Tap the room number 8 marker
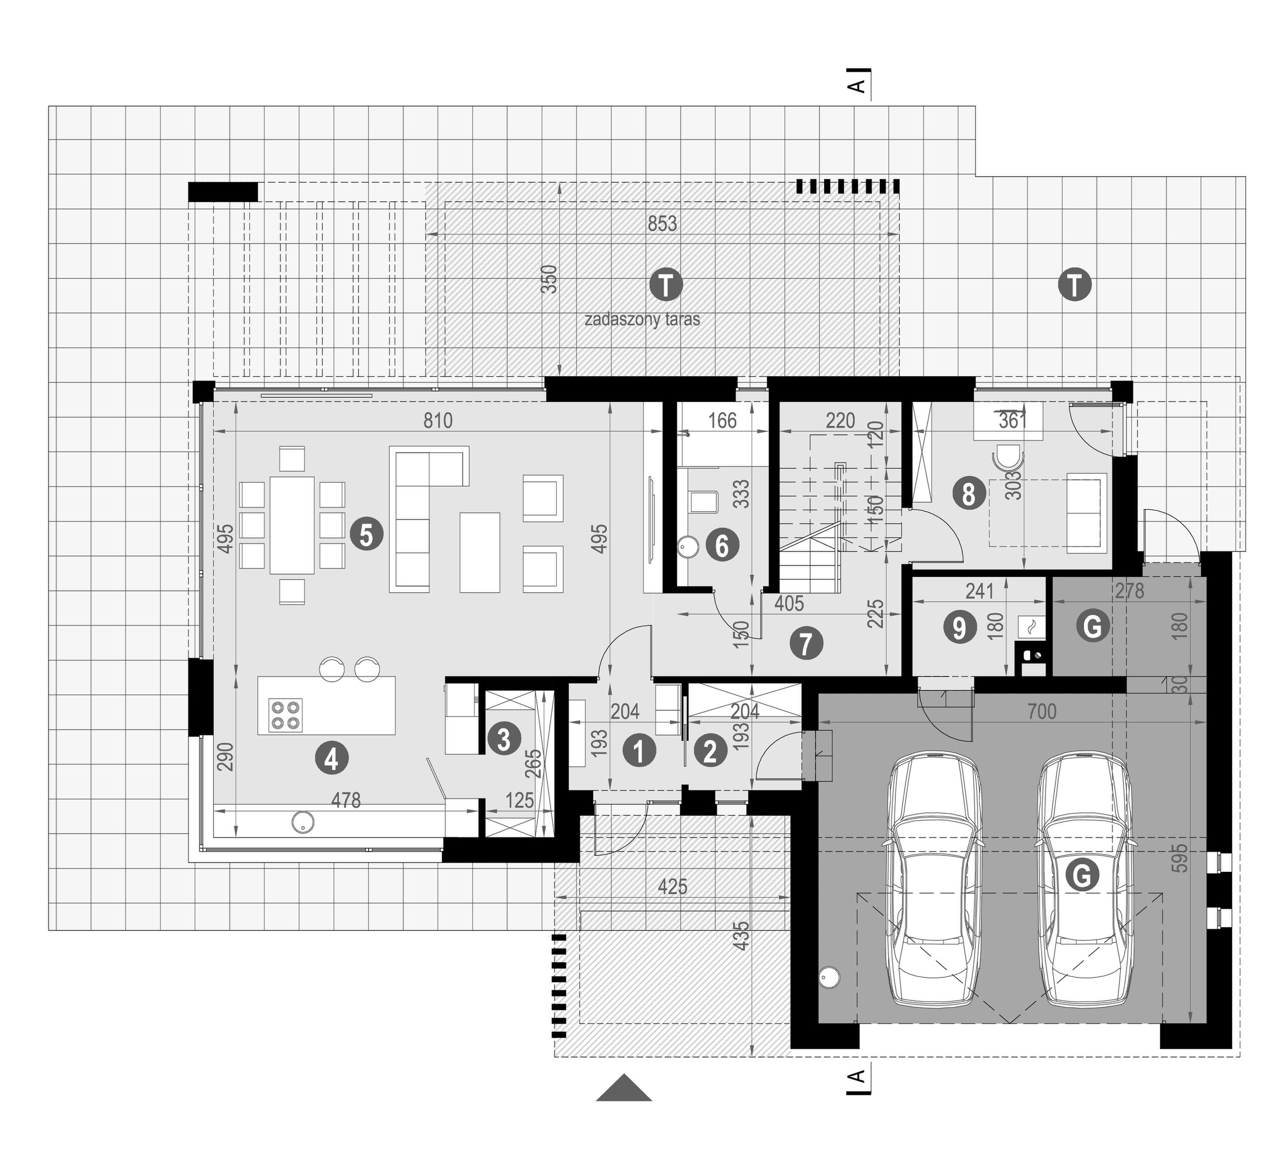pyautogui.click(x=969, y=494)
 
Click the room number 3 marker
pyautogui.click(x=503, y=739)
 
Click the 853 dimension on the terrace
pyautogui.click(x=662, y=224)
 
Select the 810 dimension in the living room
pyautogui.click(x=438, y=420)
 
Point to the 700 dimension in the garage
pyautogui.click(x=1042, y=711)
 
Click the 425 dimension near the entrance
pyautogui.click(x=672, y=887)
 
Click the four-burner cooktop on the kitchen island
pyautogui.click(x=285, y=715)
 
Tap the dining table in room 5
pyautogui.click(x=292, y=525)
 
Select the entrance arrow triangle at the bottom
pyautogui.click(x=624, y=1088)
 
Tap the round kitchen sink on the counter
pyautogui.click(x=302, y=822)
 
